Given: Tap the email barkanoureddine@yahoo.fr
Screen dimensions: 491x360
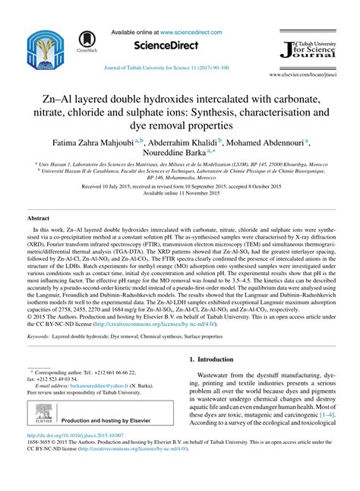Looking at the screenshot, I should coord(86,385).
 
